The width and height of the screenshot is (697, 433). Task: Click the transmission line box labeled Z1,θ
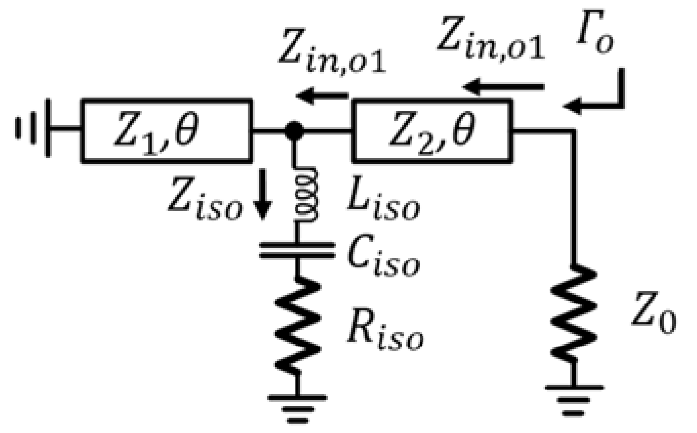click(166, 130)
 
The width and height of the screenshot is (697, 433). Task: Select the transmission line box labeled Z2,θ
click(432, 130)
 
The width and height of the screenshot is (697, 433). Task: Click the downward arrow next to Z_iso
click(263, 201)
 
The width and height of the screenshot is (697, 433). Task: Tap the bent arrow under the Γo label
click(601, 95)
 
